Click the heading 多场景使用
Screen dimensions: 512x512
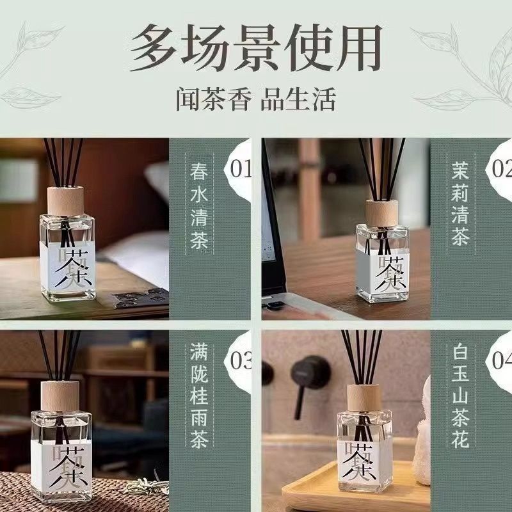256,48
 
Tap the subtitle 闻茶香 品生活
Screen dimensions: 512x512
256,100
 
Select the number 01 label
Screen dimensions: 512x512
241,170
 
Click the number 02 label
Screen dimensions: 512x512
501,170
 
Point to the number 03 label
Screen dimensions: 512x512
241,362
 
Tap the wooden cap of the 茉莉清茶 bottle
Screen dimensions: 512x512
381,212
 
